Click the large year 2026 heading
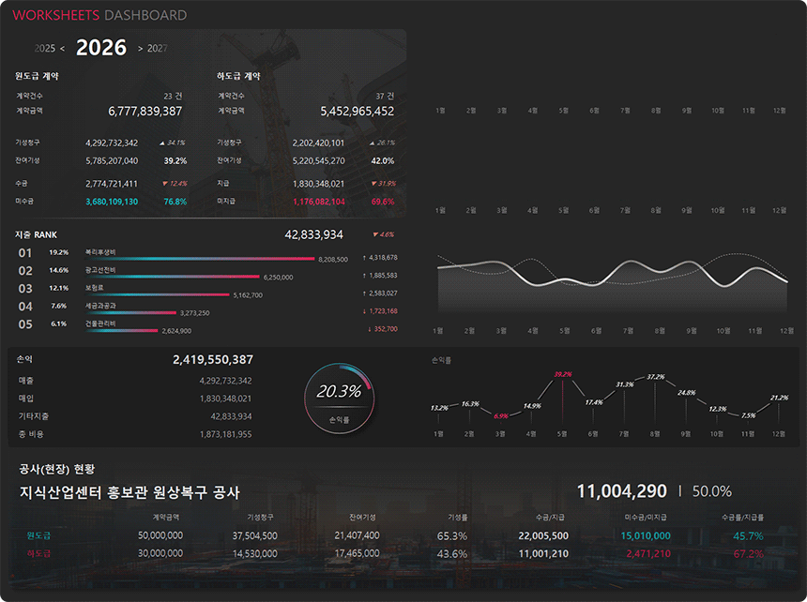pyautogui.click(x=101, y=48)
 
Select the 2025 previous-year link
pyautogui.click(x=44, y=49)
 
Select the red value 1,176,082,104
pyautogui.click(x=318, y=202)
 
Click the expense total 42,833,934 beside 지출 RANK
pyautogui.click(x=313, y=234)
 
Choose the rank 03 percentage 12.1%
pyautogui.click(x=58, y=288)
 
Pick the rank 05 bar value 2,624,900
pyautogui.click(x=176, y=331)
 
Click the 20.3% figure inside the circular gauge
pyautogui.click(x=338, y=392)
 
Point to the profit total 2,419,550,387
pyautogui.click(x=213, y=360)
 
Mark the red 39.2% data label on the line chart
pyautogui.click(x=563, y=374)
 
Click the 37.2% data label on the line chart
pyautogui.click(x=655, y=377)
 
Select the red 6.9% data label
pyautogui.click(x=501, y=415)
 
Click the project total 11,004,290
pyautogui.click(x=621, y=491)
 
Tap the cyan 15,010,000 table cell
pyautogui.click(x=646, y=535)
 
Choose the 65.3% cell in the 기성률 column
pyautogui.click(x=452, y=535)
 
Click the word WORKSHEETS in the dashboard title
pyautogui.click(x=56, y=15)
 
